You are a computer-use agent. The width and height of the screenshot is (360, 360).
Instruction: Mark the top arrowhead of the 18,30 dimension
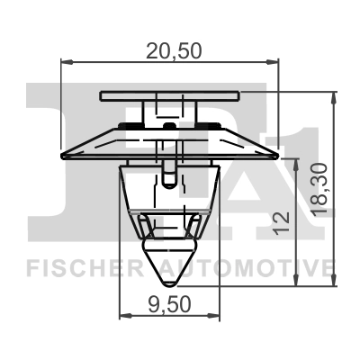coord(334,94)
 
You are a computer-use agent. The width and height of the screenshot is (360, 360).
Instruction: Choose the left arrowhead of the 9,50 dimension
coord(123,316)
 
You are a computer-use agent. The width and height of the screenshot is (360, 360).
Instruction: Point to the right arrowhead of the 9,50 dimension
coord(215,316)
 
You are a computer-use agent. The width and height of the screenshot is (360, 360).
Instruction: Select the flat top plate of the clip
coord(169,94)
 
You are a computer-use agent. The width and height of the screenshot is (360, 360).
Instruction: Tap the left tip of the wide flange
coord(59,155)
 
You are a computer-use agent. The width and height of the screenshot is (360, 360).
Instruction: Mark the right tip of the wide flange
coord(280,155)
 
